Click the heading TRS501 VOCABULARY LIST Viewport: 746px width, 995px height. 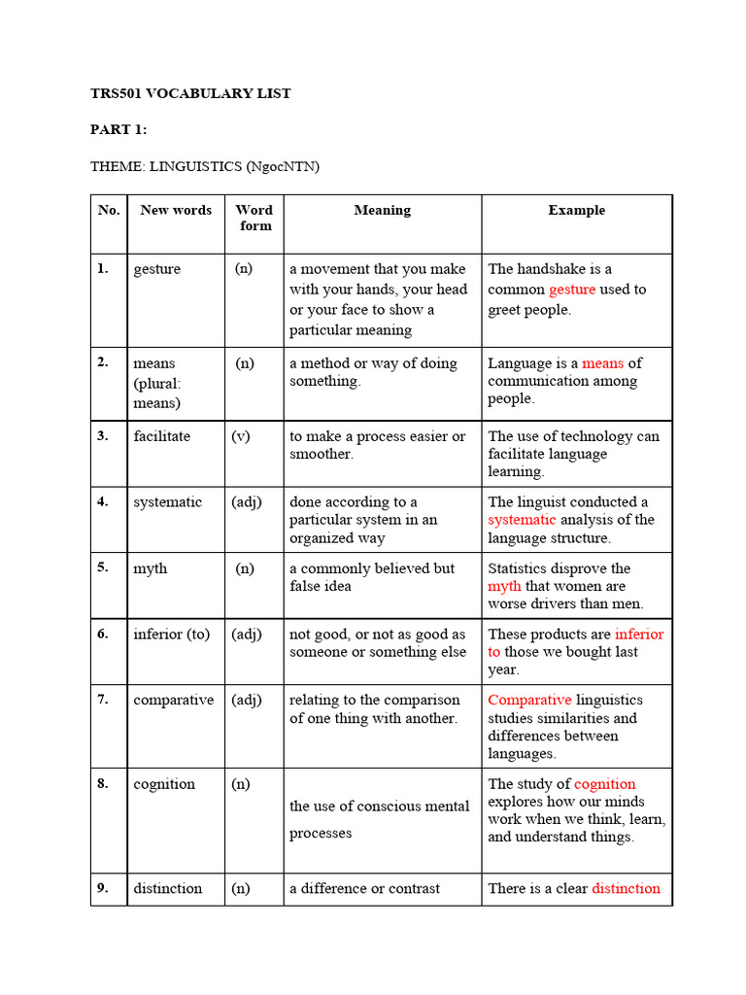tap(190, 93)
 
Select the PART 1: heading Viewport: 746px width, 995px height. tap(119, 130)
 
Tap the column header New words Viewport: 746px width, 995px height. tap(176, 210)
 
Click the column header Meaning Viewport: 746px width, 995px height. tap(382, 210)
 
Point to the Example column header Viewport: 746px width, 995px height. tap(576, 210)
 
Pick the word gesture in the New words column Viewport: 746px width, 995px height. tap(157, 269)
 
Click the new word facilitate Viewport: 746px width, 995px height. tap(162, 436)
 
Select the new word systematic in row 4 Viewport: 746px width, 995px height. tap(168, 502)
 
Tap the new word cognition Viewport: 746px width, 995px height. tap(164, 784)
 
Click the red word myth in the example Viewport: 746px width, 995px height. tap(504, 586)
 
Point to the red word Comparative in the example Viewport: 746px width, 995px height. tap(529, 700)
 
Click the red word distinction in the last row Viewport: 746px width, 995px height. tap(626, 888)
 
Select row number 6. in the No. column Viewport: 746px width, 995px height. tap(103, 634)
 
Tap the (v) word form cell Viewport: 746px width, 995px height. tap(241, 436)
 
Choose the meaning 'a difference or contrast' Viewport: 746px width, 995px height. tap(364, 888)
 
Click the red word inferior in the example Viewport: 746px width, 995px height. tap(639, 635)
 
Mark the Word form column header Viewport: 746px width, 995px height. tap(254, 218)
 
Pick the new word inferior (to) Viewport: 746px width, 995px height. tap(172, 635)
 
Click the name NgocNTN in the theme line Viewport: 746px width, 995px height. tap(281, 167)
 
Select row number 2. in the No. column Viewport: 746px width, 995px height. tap(103, 362)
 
